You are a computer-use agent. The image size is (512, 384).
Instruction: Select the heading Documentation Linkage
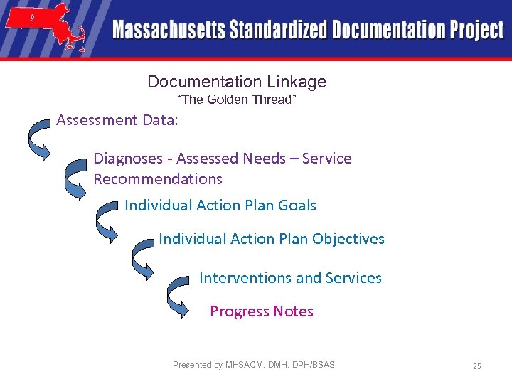(x=237, y=82)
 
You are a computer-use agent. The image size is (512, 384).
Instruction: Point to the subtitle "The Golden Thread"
(x=235, y=100)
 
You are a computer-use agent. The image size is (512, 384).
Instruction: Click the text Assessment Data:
(x=117, y=120)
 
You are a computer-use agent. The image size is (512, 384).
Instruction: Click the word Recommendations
(x=158, y=179)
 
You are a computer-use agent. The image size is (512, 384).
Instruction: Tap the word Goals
(x=297, y=206)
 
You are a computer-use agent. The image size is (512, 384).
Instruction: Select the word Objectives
(x=348, y=239)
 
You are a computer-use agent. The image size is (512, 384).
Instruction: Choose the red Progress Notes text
(x=262, y=311)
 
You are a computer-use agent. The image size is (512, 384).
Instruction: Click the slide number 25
(x=476, y=366)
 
